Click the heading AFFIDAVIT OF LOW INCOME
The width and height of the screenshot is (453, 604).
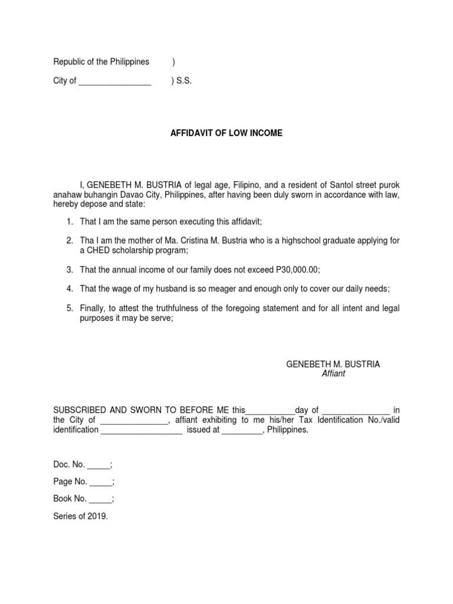[226, 133]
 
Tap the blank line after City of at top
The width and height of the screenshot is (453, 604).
[114, 82]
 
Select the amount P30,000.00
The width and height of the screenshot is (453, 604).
[297, 270]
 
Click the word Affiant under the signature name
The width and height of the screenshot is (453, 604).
[333, 374]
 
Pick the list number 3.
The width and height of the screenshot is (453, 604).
[69, 270]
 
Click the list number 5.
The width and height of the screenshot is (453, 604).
[69, 308]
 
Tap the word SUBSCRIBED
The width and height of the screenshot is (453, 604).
[80, 411]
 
